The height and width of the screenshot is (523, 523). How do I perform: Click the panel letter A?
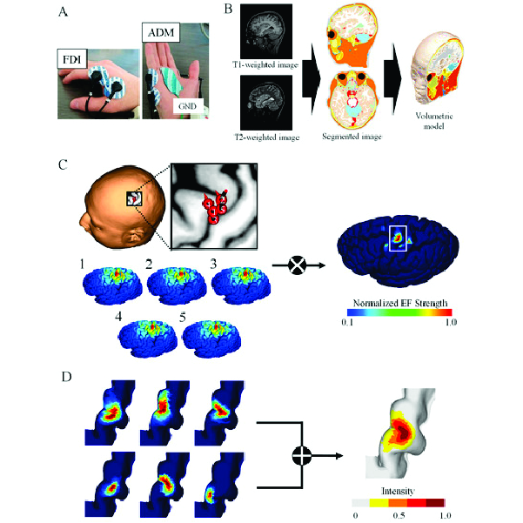62,13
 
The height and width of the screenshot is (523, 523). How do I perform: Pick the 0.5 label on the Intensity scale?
399,514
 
